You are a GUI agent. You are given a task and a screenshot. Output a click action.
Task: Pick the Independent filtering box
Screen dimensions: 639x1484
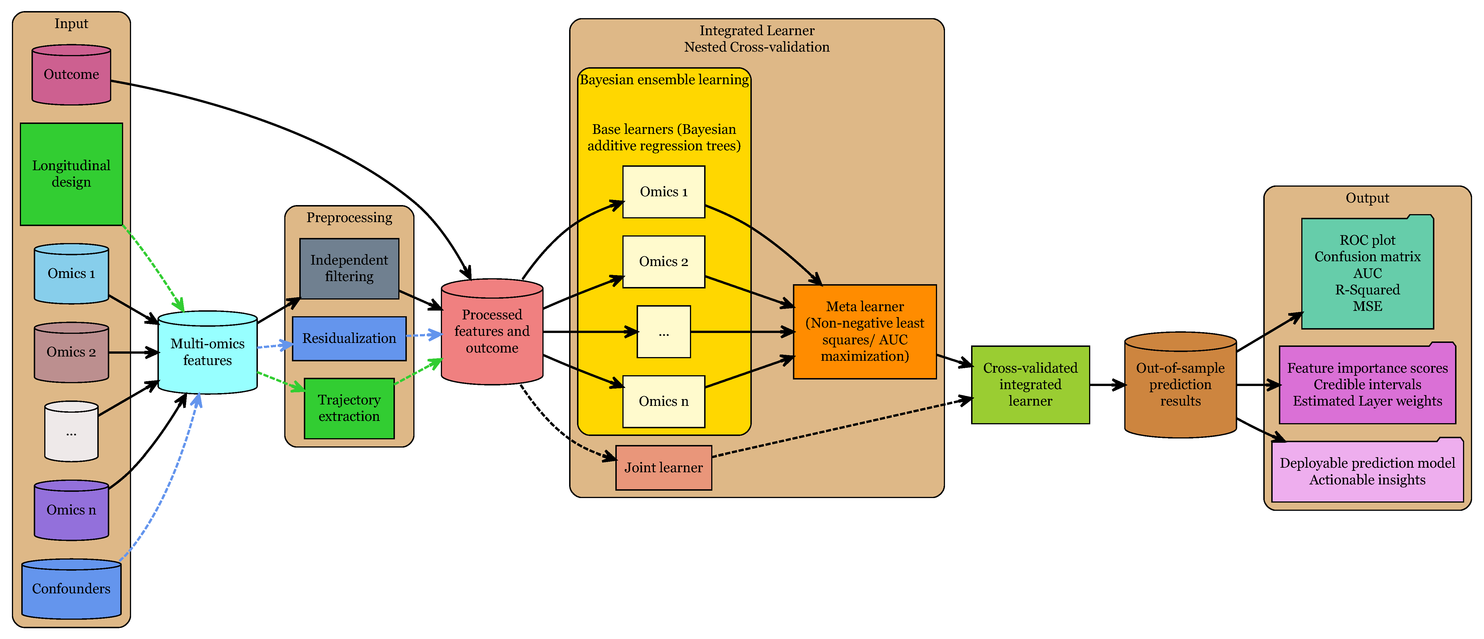[x=349, y=268]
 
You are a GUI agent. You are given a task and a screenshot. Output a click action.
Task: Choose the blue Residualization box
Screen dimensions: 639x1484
[x=349, y=338]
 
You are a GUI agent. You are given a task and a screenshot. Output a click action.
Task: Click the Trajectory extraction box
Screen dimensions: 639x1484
[x=349, y=408]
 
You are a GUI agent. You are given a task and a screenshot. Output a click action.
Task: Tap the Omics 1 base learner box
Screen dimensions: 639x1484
[x=664, y=192]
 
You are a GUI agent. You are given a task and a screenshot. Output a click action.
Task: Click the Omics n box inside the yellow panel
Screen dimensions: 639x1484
[x=664, y=401]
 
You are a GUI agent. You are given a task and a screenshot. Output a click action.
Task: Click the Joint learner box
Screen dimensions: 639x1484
[x=664, y=467]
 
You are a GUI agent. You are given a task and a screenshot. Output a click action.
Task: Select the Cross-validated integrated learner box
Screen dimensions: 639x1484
[x=1030, y=384]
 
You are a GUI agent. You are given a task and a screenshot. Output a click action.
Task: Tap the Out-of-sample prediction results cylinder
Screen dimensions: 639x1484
[x=1180, y=384]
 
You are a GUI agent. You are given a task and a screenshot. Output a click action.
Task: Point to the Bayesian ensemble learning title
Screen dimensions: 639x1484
[x=664, y=79]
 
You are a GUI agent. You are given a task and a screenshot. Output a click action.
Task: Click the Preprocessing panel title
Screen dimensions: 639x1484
[x=349, y=217]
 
